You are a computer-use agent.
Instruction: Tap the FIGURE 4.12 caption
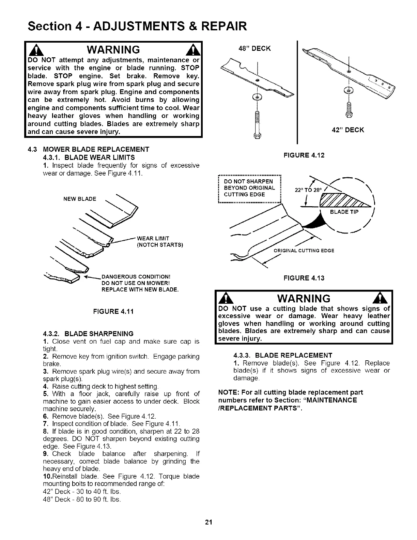[304, 155]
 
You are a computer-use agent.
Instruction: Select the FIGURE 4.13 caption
[304, 278]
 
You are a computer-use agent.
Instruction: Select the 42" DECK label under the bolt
[347, 130]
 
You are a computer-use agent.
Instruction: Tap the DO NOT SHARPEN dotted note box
[249, 188]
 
